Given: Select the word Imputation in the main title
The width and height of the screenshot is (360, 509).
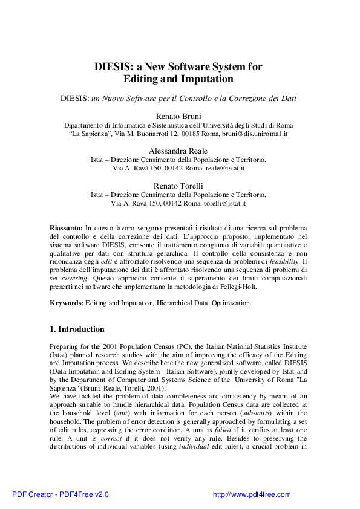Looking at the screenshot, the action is (204, 79).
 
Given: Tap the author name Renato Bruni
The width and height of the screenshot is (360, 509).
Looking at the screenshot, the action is (180, 115).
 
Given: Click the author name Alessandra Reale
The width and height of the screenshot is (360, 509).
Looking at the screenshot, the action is (180, 151).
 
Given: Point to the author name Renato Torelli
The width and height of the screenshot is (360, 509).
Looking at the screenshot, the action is (180, 186).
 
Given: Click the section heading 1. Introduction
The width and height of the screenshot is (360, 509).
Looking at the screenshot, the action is (76, 329).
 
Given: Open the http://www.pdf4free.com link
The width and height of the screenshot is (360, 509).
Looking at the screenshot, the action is (252, 494).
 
